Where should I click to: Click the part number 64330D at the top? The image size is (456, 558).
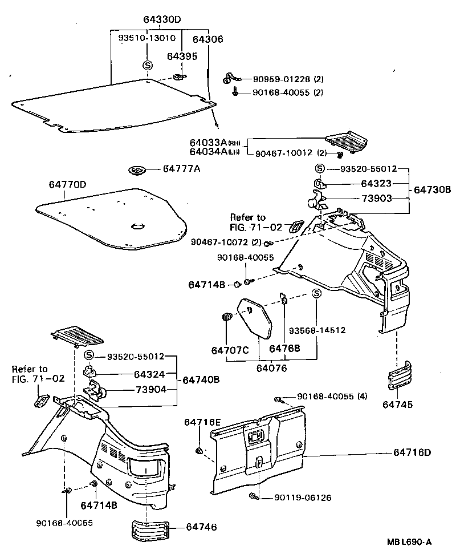162,19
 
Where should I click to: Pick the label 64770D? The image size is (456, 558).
67,184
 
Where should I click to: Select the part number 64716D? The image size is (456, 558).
412,452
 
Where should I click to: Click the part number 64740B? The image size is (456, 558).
201,380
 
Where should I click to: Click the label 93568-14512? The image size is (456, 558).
317,330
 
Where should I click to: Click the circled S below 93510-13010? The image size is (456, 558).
147,64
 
